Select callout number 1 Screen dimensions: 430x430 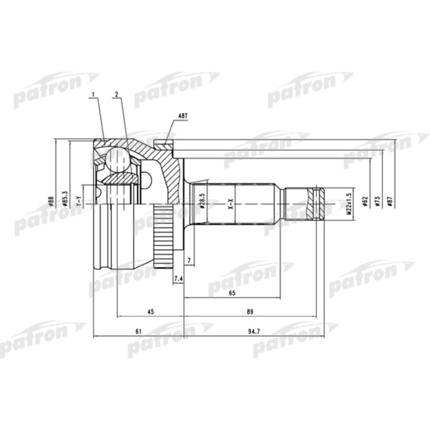point(93,94)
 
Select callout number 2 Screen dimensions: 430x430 point(115,94)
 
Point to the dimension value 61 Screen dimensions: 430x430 point(138,332)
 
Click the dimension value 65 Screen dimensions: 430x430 point(232,294)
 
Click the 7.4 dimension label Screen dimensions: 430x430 point(179,280)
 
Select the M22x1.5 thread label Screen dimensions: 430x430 point(348,202)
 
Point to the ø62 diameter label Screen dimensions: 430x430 point(365,200)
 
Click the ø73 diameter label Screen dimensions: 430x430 point(377,200)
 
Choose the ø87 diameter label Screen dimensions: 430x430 point(389,200)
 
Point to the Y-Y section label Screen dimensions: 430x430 point(78,200)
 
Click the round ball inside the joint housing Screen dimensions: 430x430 point(116,159)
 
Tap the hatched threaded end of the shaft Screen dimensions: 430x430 point(317,203)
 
